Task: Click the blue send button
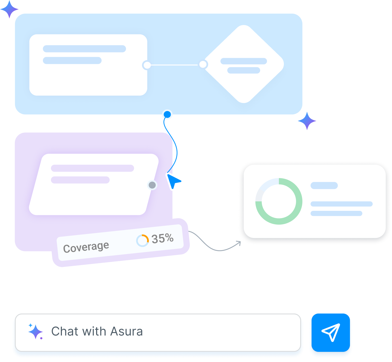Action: coord(331,332)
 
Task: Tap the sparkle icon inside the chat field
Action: coord(36,332)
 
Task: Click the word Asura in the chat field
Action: coord(127,332)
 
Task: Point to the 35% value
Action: coord(162,238)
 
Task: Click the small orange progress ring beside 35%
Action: coord(142,241)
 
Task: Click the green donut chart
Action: coord(279,201)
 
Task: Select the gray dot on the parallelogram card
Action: coord(152,185)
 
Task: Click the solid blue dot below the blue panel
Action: coord(167,114)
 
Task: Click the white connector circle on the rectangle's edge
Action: coord(147,65)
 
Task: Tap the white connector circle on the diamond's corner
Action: coord(203,64)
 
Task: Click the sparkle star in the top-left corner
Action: coord(9,9)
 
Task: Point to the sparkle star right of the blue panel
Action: coord(307,121)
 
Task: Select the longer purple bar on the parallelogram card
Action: coord(92,168)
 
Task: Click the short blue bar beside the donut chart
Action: coord(324,186)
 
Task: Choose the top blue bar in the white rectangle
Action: coord(84,49)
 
